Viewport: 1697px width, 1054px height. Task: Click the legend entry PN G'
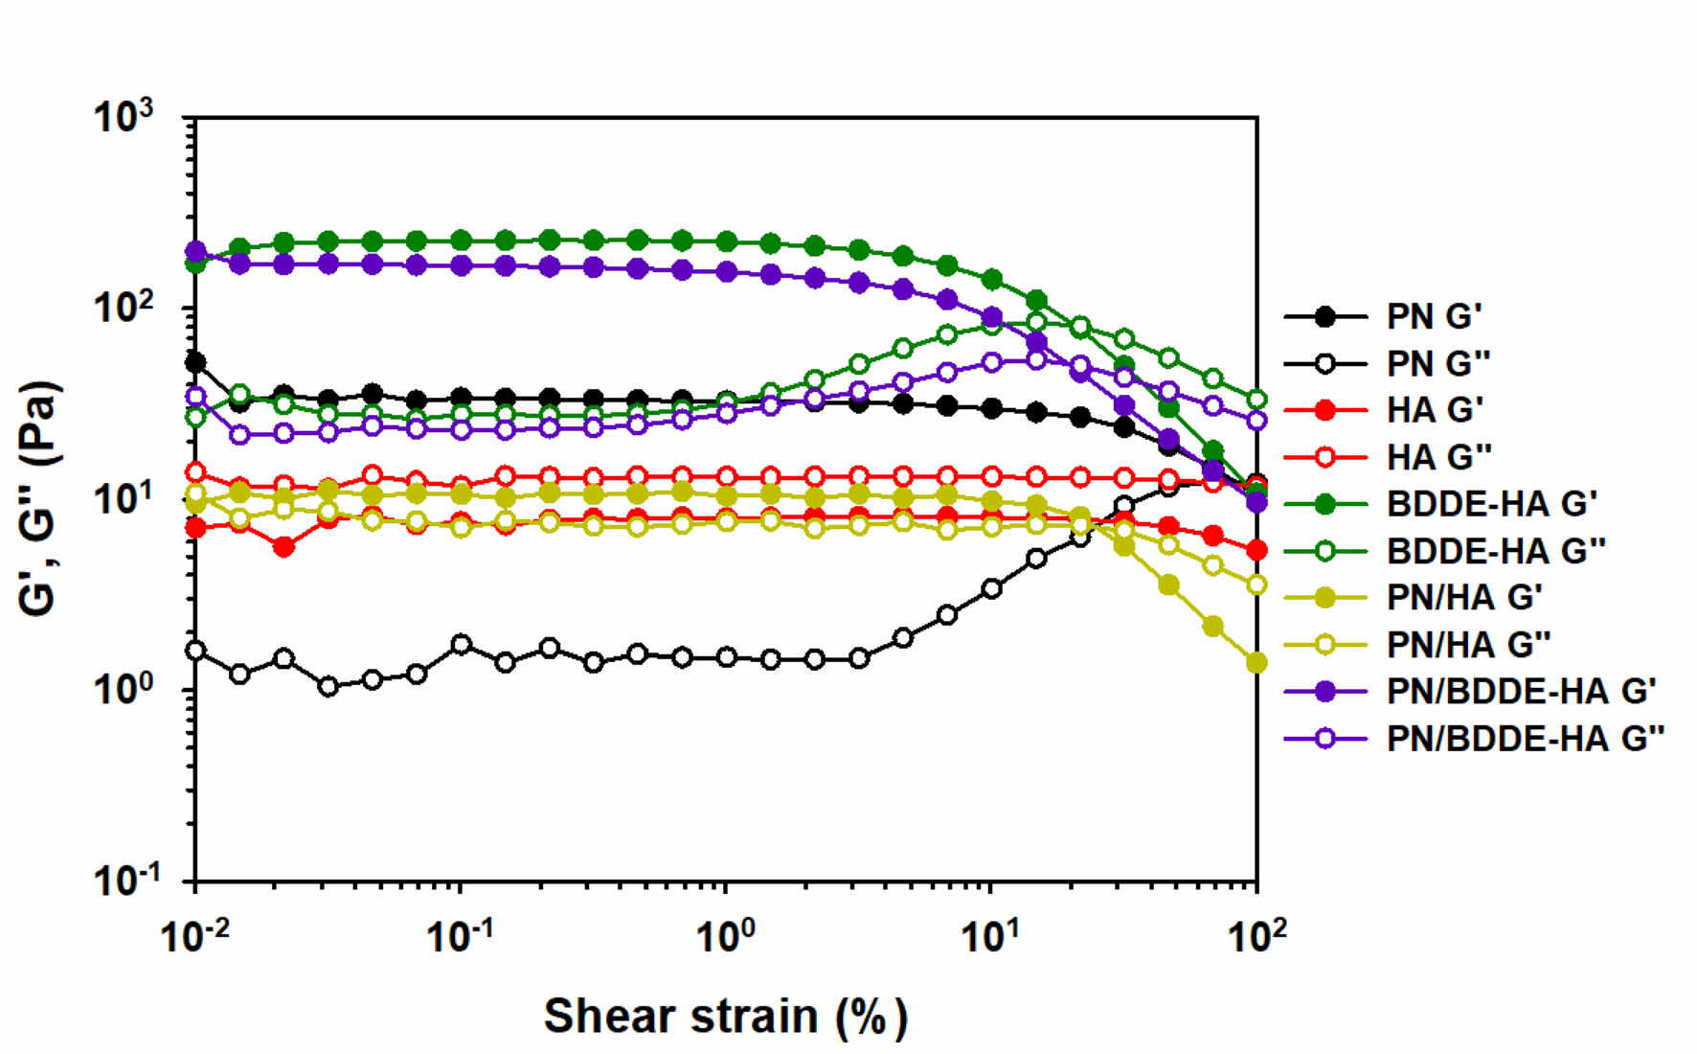pyautogui.click(x=1434, y=316)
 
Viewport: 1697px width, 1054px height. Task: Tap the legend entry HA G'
pyautogui.click(x=1435, y=410)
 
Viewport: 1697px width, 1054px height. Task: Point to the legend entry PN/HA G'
pyautogui.click(x=1464, y=598)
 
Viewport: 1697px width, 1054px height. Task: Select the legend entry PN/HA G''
pyautogui.click(x=1468, y=645)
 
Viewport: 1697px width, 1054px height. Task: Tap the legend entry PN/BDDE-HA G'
pyautogui.click(x=1521, y=692)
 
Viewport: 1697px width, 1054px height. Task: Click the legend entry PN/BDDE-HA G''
pyautogui.click(x=1526, y=739)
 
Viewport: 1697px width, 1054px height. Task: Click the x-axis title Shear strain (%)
pyautogui.click(x=725, y=1017)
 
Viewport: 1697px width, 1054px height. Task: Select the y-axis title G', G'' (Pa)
pyautogui.click(x=40, y=498)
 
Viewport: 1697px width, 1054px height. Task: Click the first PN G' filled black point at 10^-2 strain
pyautogui.click(x=195, y=362)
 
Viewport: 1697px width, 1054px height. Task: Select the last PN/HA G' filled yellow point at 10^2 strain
pyautogui.click(x=1256, y=663)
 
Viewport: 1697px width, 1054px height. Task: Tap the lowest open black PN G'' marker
pyautogui.click(x=328, y=686)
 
